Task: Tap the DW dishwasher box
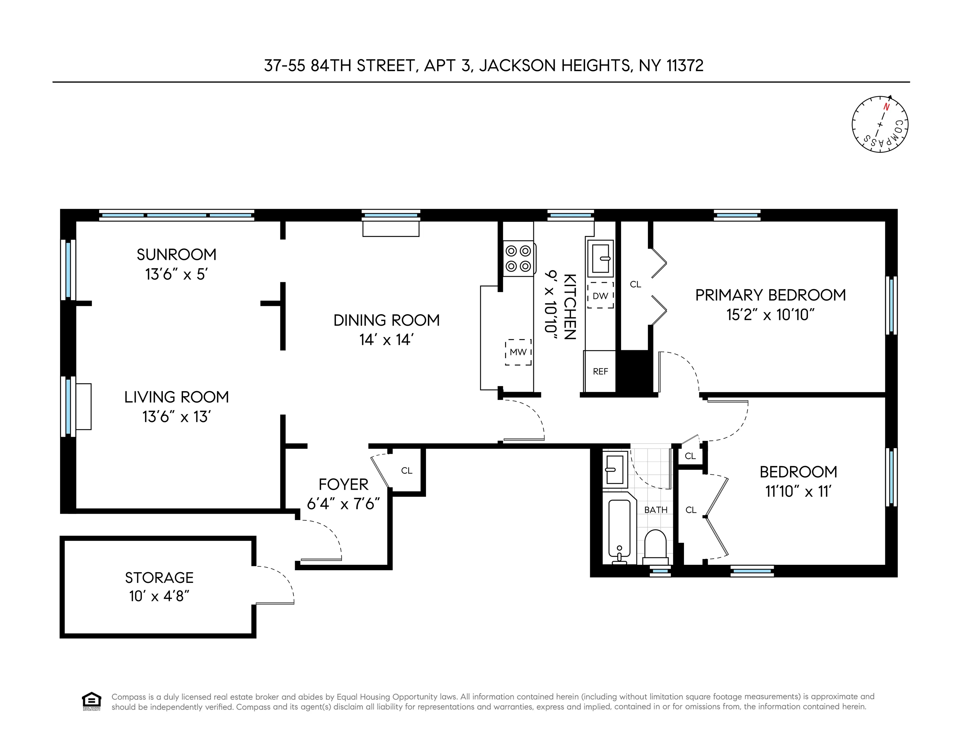tap(600, 296)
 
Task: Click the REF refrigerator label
tap(600, 372)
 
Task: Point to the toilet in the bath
tap(655, 547)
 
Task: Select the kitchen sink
tap(600, 258)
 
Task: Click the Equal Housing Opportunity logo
tap(91, 701)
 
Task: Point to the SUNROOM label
tap(176, 254)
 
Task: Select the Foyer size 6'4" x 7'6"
tap(343, 504)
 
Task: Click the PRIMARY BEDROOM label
tap(770, 295)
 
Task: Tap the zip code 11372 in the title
tap(685, 66)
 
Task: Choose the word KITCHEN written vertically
tap(569, 306)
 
